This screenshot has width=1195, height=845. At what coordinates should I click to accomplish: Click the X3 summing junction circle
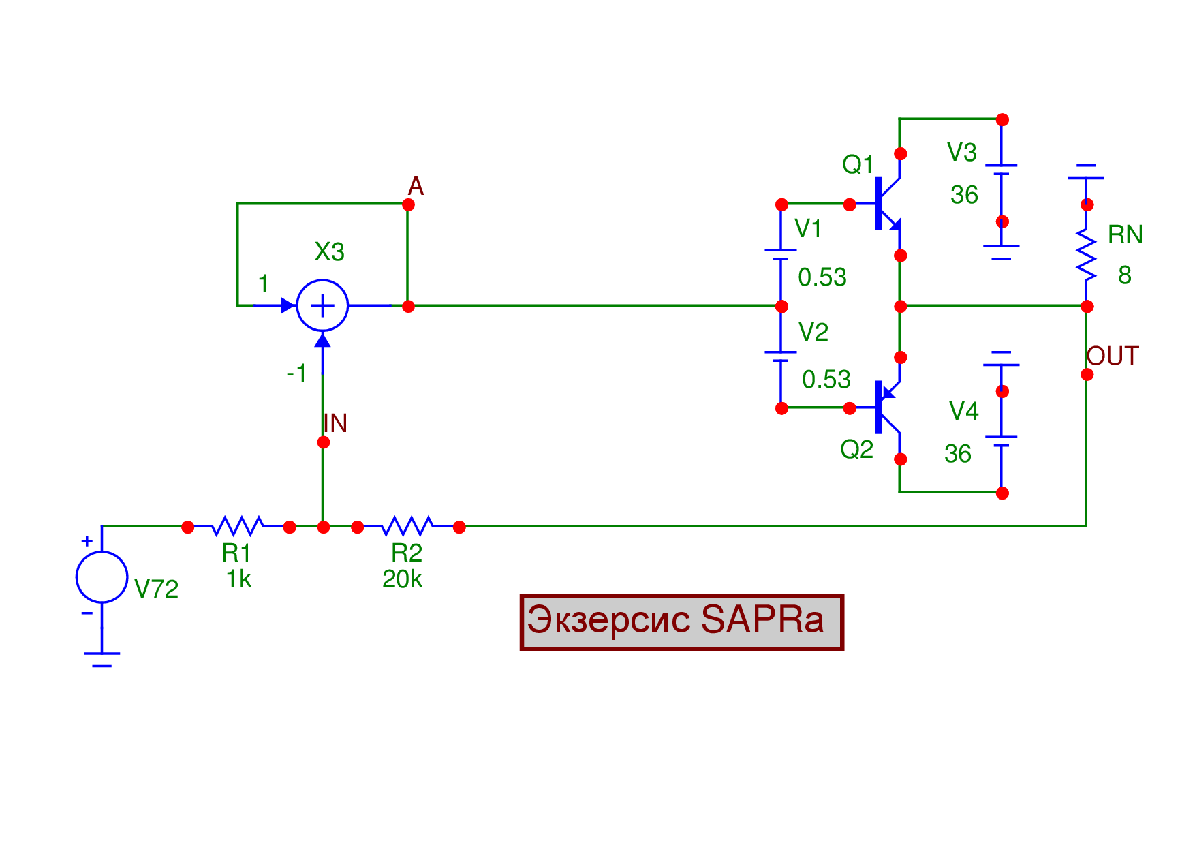(x=322, y=305)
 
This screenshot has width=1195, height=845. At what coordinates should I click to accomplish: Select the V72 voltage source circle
(x=102, y=577)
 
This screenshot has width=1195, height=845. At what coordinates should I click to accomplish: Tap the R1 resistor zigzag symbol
(x=238, y=526)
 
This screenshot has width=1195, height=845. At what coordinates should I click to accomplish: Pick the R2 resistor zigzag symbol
(x=407, y=526)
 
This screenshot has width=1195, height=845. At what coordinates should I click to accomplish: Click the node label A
(x=416, y=186)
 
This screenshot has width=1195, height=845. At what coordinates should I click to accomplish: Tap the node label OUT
(x=1112, y=356)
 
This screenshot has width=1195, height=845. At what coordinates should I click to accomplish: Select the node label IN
(x=335, y=423)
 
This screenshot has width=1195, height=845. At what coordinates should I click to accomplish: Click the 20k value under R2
(x=402, y=579)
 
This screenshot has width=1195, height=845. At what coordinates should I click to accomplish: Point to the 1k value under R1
(x=238, y=579)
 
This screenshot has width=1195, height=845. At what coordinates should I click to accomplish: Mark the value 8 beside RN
(x=1124, y=275)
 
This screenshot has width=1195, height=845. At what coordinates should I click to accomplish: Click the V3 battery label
(x=962, y=153)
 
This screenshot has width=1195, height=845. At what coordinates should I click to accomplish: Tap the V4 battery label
(x=963, y=411)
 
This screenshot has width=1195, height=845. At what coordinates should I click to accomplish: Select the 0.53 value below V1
(x=822, y=277)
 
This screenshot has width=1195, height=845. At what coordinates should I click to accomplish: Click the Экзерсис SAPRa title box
(x=681, y=622)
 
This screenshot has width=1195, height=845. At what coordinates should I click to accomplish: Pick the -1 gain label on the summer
(x=296, y=373)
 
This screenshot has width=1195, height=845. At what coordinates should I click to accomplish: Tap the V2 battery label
(x=813, y=332)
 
